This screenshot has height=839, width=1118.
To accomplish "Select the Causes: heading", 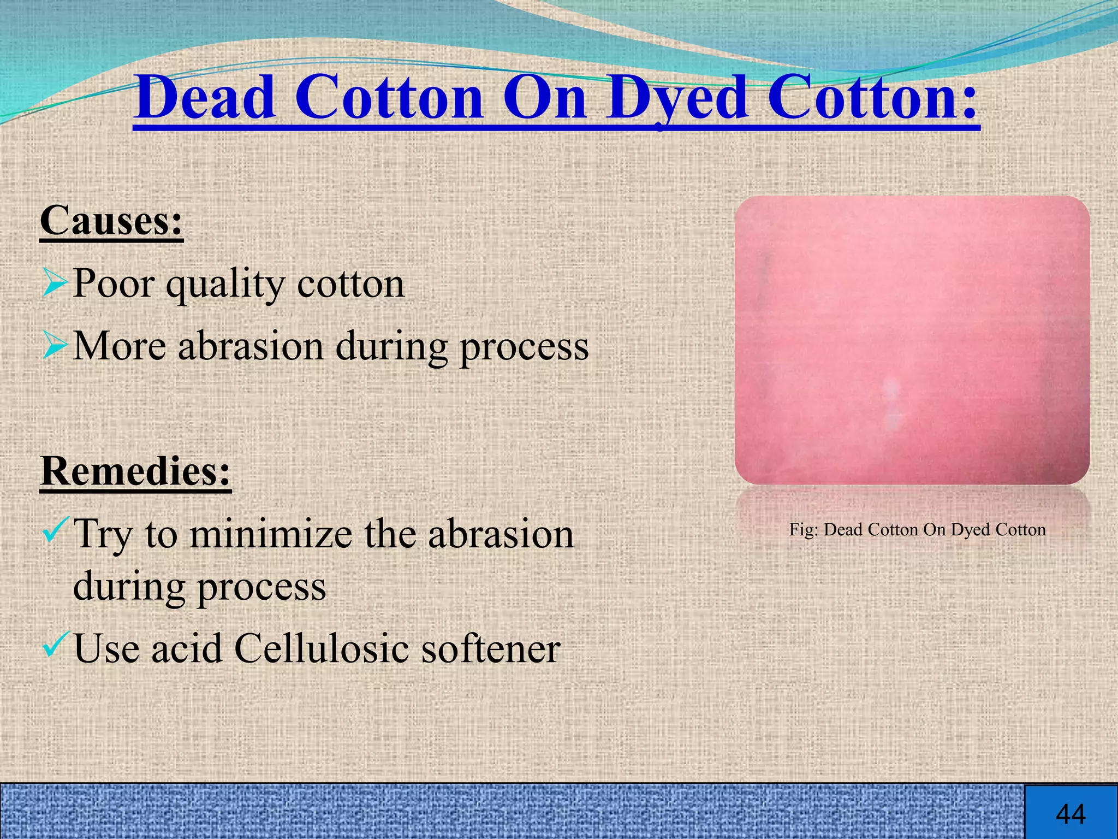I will click(111, 221).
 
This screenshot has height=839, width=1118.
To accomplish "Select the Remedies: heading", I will click(136, 471).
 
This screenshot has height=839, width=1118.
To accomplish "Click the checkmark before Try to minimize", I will click(55, 531).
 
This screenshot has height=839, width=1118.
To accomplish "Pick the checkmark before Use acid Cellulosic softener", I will click(55, 645).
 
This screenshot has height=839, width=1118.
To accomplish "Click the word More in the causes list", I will click(119, 346).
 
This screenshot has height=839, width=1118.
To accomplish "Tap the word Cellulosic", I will click(321, 649).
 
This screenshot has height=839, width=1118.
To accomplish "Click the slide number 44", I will click(1071, 814).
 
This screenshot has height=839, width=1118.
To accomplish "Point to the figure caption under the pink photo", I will click(917, 529).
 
